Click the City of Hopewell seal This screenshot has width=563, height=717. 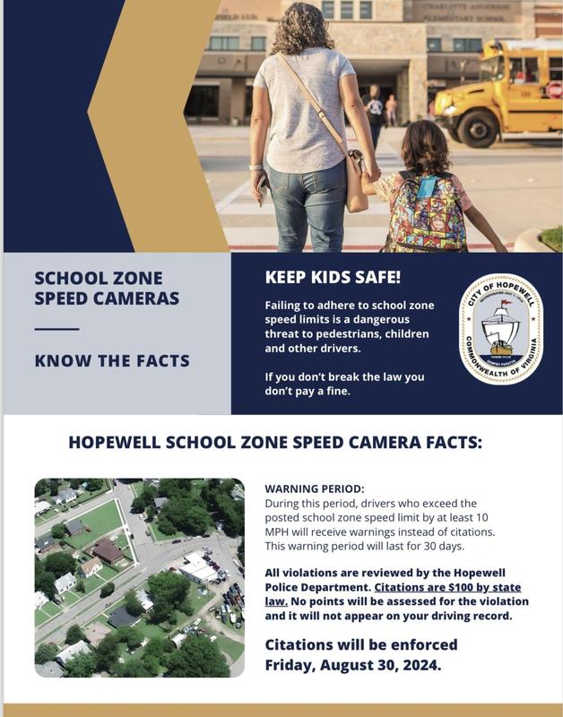(500, 330)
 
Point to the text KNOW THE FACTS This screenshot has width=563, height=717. (112, 360)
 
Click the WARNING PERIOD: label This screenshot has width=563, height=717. (315, 489)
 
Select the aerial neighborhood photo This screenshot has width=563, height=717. (139, 578)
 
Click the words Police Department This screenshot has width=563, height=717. (314, 588)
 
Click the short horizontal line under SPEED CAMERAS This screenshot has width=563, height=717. (56, 329)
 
